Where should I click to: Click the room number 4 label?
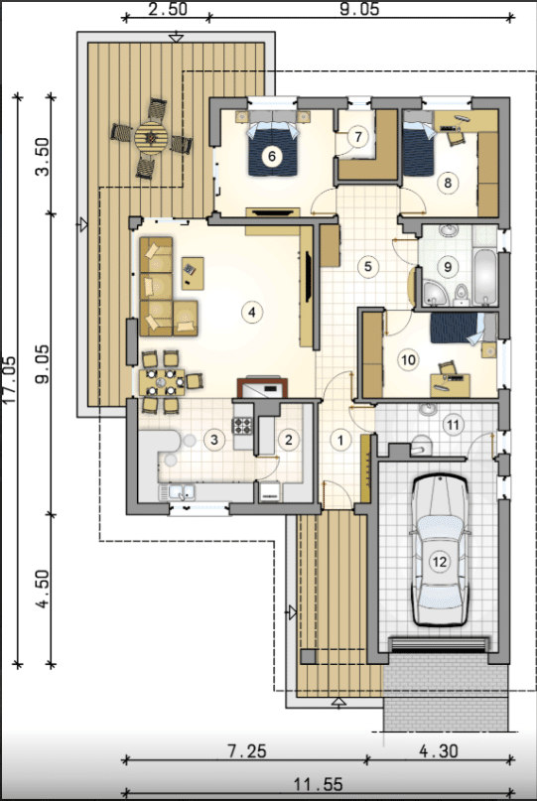coord(252,312)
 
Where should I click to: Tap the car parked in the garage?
coord(440,551)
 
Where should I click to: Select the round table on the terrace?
coord(151,137)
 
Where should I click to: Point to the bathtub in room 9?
coord(483,276)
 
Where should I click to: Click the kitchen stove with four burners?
coord(243,426)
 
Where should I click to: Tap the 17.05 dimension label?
coord(10,379)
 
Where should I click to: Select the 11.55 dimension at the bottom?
coord(318,784)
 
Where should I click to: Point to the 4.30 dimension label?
coord(439,751)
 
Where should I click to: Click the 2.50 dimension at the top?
coord(167,9)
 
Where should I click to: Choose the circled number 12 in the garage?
coord(440,562)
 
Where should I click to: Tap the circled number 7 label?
coord(358,137)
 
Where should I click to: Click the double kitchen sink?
coord(182,492)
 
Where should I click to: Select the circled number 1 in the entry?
coord(340,440)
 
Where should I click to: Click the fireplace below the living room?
coord(263,388)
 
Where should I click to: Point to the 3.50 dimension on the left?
coord(43,157)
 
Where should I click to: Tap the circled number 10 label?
coord(407,360)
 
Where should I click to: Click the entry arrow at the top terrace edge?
coord(176,37)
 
